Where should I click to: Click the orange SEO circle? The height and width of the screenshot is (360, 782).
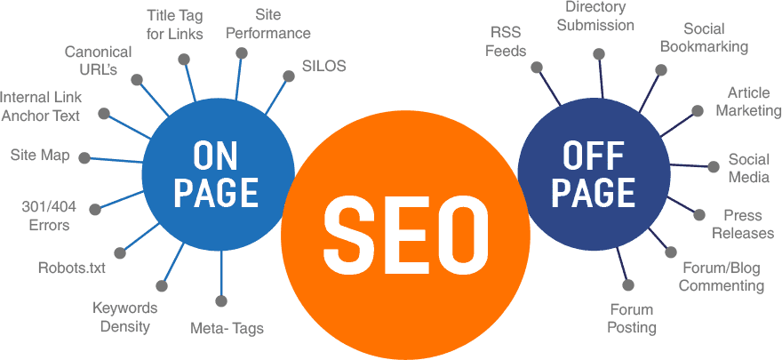point(405,236)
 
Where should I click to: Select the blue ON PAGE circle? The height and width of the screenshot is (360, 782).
point(219,173)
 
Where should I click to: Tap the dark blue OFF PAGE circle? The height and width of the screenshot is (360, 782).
point(593,173)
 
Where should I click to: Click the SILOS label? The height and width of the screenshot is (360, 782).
point(323,66)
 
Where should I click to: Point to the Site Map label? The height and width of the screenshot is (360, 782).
point(40,155)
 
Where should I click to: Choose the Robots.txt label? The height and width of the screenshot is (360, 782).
point(72,268)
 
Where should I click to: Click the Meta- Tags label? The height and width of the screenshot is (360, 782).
point(227,329)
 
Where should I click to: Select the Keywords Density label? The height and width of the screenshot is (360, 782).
point(124,317)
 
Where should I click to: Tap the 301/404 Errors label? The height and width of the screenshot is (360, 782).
point(49,216)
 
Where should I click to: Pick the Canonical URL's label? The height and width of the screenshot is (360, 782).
point(99,60)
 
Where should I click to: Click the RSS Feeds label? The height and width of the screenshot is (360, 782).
point(506,42)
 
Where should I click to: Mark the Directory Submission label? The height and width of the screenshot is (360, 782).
point(595,16)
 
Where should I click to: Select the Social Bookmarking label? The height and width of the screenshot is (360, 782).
point(704,37)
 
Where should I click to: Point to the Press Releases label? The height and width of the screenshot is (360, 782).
point(743,224)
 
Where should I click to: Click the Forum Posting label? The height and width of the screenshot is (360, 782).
point(632,318)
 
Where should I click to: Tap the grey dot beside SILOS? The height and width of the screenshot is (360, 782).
point(289,76)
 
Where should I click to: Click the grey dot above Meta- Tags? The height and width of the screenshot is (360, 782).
point(221,301)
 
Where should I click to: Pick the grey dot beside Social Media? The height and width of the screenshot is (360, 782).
point(714,167)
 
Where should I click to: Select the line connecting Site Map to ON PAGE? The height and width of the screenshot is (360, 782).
point(114,160)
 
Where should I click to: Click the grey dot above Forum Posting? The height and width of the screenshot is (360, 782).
point(628,285)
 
